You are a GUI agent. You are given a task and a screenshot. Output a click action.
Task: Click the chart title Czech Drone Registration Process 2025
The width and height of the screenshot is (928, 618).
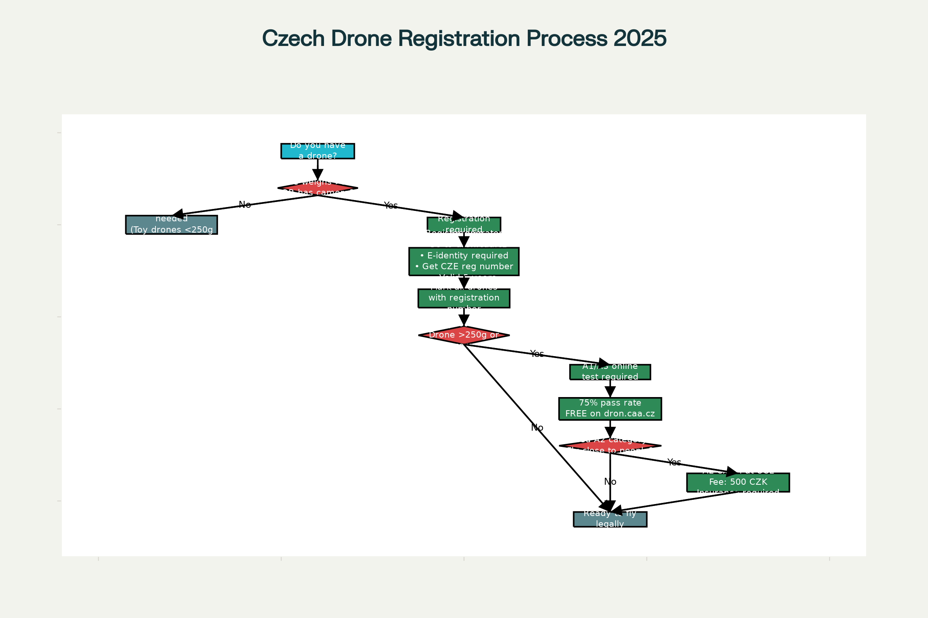pos(464,39)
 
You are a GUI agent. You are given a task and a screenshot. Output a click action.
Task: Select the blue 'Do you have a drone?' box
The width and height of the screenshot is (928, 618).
pos(317,151)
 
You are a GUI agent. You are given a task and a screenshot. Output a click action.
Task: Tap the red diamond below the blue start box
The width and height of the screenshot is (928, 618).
pos(317,188)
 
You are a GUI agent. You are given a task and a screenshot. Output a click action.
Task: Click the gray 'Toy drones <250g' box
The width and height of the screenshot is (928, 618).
pos(172,225)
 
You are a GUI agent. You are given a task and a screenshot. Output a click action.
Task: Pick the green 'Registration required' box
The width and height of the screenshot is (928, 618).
pos(464,224)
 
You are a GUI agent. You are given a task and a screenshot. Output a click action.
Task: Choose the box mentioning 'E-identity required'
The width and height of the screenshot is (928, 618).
pos(464,261)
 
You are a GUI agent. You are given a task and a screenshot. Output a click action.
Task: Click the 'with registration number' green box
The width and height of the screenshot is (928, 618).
pos(464,298)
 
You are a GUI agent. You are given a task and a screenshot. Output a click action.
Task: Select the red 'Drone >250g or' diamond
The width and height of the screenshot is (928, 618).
pos(464,335)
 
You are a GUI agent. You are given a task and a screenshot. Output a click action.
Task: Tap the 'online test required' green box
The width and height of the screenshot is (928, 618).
pos(610,372)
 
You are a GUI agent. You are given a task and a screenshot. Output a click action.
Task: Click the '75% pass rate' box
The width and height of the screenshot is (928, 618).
pos(610,409)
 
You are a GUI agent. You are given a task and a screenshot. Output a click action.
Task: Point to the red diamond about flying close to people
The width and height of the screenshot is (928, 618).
pos(610,446)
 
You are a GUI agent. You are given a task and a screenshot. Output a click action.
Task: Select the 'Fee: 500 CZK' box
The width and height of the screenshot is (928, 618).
pos(738,482)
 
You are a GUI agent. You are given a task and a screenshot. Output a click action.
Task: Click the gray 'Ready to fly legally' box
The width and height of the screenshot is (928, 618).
pos(610,519)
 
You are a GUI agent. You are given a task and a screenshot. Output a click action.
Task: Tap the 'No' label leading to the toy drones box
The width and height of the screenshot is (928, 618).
pos(245,205)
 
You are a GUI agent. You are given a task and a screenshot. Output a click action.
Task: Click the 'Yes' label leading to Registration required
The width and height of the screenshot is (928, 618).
pos(391,205)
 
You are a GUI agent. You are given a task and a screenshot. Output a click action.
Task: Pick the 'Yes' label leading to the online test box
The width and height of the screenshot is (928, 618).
pos(537,354)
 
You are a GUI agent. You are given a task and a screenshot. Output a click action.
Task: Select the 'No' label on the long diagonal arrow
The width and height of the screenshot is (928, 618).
pos(537,428)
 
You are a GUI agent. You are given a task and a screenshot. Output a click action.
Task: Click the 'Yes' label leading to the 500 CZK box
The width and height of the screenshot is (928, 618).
pos(674,462)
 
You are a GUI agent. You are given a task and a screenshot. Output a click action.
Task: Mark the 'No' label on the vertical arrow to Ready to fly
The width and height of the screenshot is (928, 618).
pos(610,482)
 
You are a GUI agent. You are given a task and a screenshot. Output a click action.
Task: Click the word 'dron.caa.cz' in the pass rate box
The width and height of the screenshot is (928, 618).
pos(629,414)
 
